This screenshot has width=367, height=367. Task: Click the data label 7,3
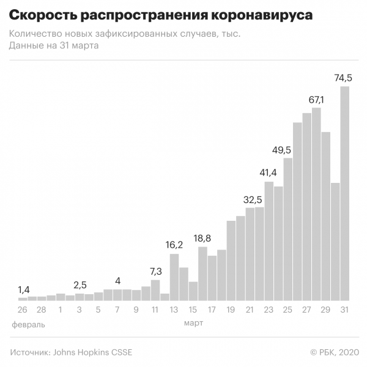[x=155, y=271]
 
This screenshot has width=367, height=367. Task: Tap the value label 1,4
[x=23, y=289]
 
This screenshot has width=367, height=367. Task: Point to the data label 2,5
[x=80, y=285]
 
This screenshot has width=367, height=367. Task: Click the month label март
[x=193, y=323]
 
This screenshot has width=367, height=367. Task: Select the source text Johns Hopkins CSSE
[x=92, y=352]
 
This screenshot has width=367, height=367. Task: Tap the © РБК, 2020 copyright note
[x=333, y=352]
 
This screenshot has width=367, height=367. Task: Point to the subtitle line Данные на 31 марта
[x=54, y=45]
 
